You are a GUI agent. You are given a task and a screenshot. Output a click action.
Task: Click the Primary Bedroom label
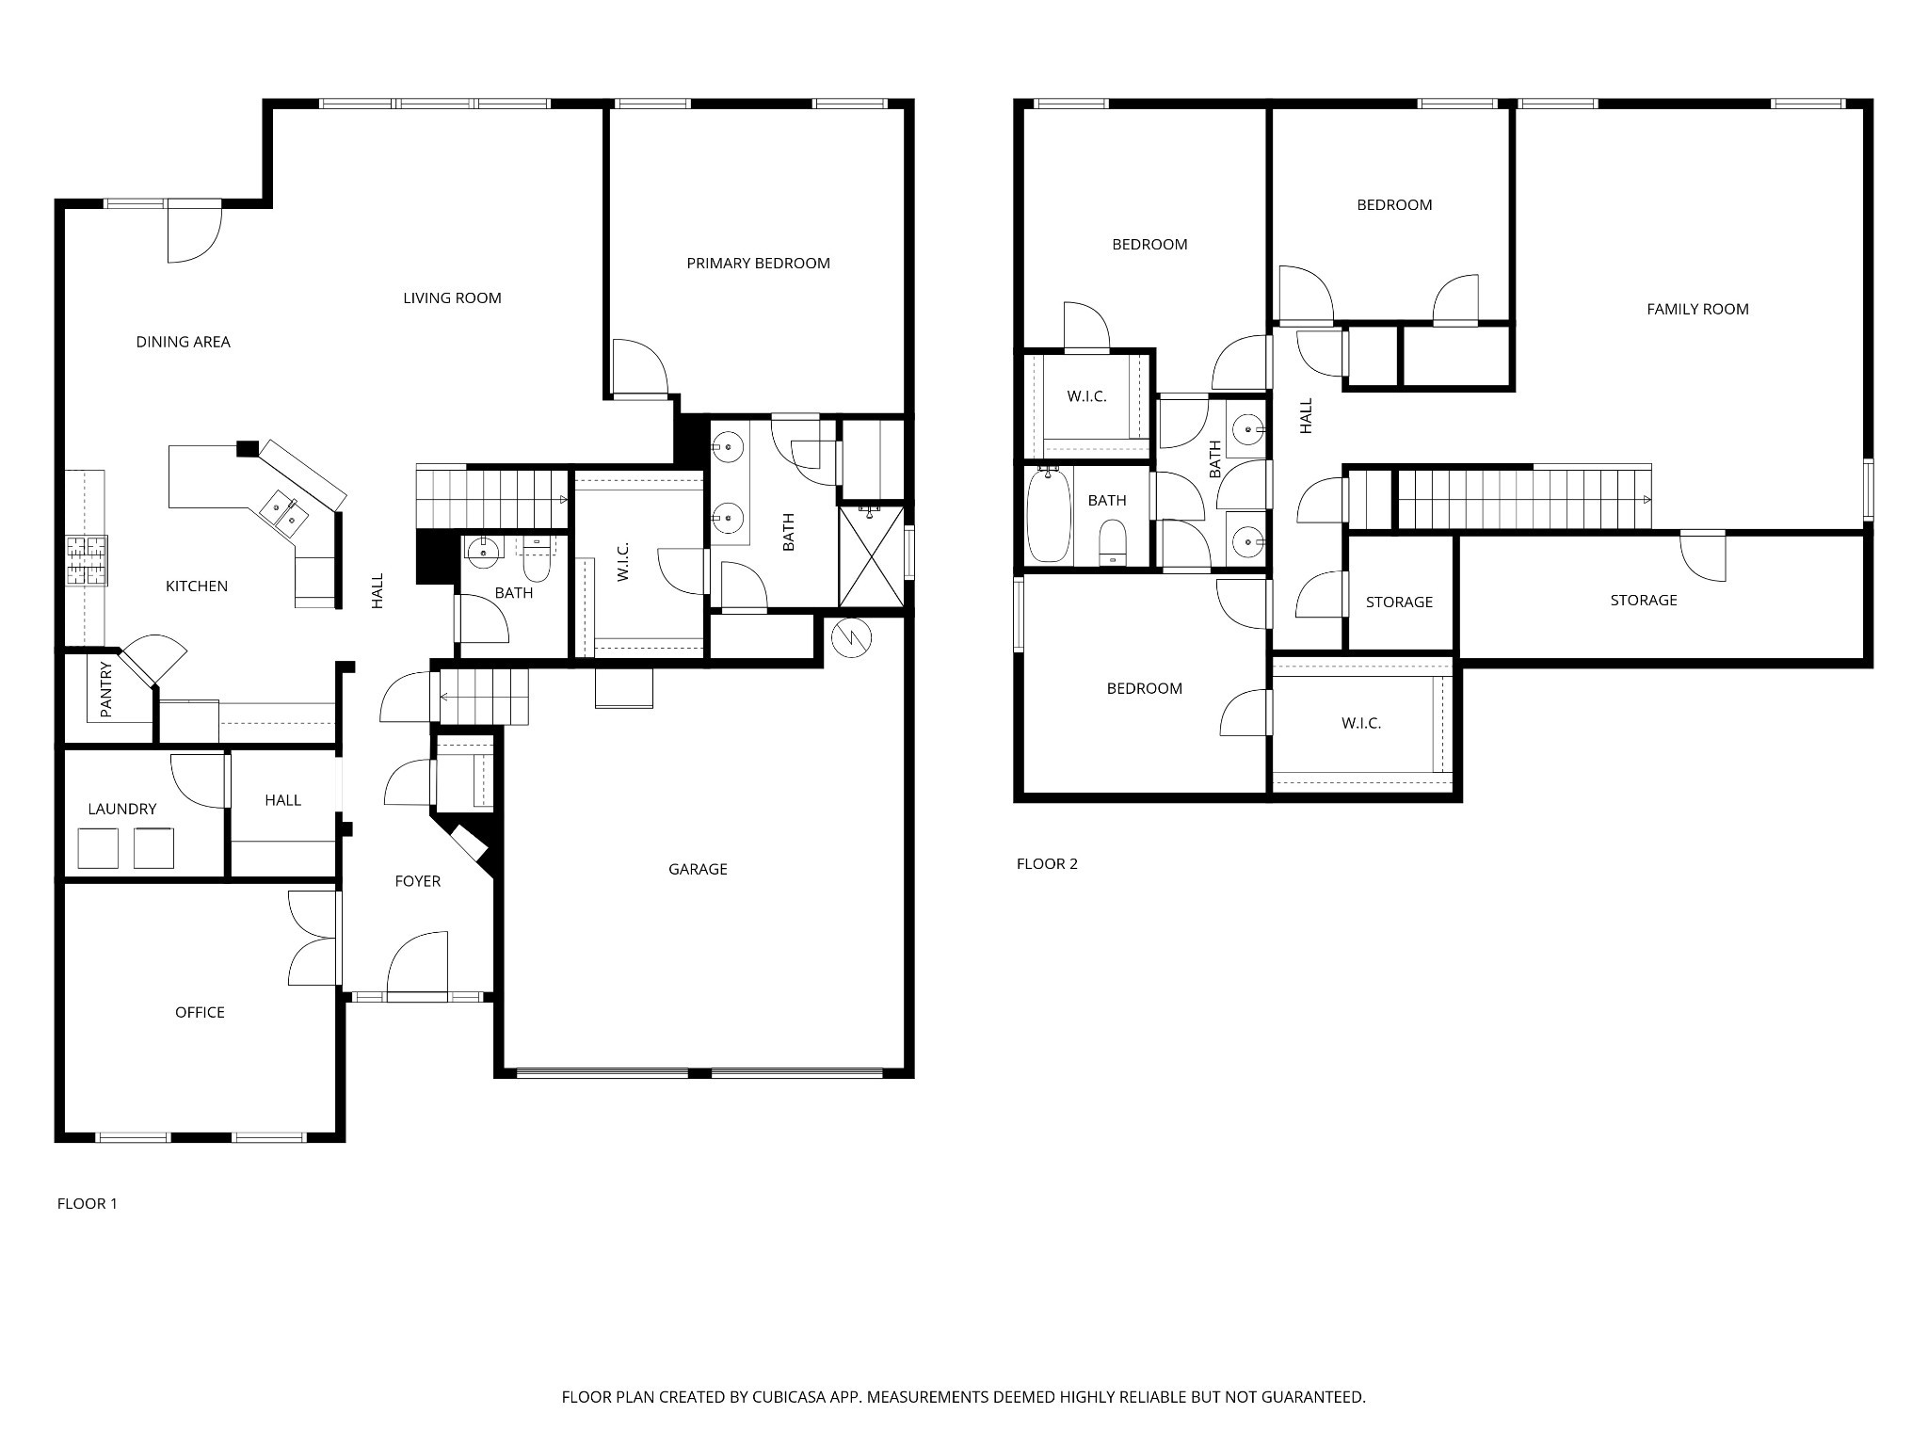758,264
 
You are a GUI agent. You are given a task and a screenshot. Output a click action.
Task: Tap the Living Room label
452,298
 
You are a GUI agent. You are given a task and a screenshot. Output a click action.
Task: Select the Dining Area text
184,342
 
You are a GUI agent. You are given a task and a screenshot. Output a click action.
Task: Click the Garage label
698,869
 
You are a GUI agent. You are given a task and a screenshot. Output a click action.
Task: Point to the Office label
200,1012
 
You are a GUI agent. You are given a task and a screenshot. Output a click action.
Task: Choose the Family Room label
1697,309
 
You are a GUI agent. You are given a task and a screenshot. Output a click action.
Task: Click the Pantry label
106,689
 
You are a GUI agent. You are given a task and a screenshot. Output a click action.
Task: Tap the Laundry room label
122,809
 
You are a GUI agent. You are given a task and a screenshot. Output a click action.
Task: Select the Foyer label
417,881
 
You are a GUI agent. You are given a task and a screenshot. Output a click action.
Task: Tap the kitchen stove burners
87,560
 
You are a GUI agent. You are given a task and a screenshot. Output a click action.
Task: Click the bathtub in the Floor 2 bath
1047,516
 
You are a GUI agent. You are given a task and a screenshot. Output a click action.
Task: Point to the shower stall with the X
871,556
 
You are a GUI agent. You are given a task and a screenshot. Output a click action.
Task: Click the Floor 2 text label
1047,863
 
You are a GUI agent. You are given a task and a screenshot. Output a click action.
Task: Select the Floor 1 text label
88,1203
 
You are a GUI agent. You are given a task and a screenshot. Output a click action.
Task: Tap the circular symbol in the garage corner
852,637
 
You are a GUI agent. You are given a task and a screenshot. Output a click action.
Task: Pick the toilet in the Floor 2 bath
1113,542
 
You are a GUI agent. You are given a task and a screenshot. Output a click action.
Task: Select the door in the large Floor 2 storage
1703,555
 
